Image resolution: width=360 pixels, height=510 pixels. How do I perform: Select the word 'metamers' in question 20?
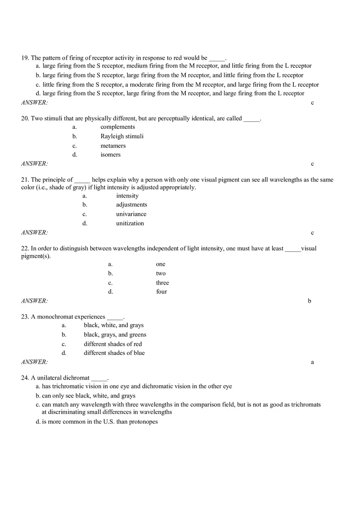(x=113, y=146)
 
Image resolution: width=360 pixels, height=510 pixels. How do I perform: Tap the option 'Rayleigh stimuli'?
(x=122, y=136)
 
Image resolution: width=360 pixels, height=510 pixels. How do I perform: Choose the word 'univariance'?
(x=131, y=214)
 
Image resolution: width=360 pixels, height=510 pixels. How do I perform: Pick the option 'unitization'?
(x=130, y=223)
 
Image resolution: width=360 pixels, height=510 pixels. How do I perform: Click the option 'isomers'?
(x=110, y=155)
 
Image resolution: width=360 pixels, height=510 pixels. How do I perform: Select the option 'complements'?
(x=117, y=127)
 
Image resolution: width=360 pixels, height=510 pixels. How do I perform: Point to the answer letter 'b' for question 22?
(x=309, y=301)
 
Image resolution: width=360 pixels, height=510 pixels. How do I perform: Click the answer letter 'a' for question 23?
(x=312, y=362)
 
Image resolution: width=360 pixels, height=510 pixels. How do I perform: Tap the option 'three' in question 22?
(x=162, y=283)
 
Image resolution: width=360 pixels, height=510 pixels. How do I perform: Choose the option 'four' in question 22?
(x=161, y=292)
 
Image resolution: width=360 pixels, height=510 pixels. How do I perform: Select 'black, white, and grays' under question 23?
(x=114, y=325)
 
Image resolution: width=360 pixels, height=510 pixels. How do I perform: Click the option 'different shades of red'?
(x=113, y=344)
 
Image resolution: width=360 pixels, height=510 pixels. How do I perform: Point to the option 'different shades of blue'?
(x=114, y=353)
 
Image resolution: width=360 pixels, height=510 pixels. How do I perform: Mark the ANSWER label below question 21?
(x=34, y=233)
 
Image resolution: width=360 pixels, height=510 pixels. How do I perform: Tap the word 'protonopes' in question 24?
(x=143, y=422)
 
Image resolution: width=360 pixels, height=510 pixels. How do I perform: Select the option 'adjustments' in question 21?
(x=131, y=204)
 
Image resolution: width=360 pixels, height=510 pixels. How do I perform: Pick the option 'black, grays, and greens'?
(x=115, y=335)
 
